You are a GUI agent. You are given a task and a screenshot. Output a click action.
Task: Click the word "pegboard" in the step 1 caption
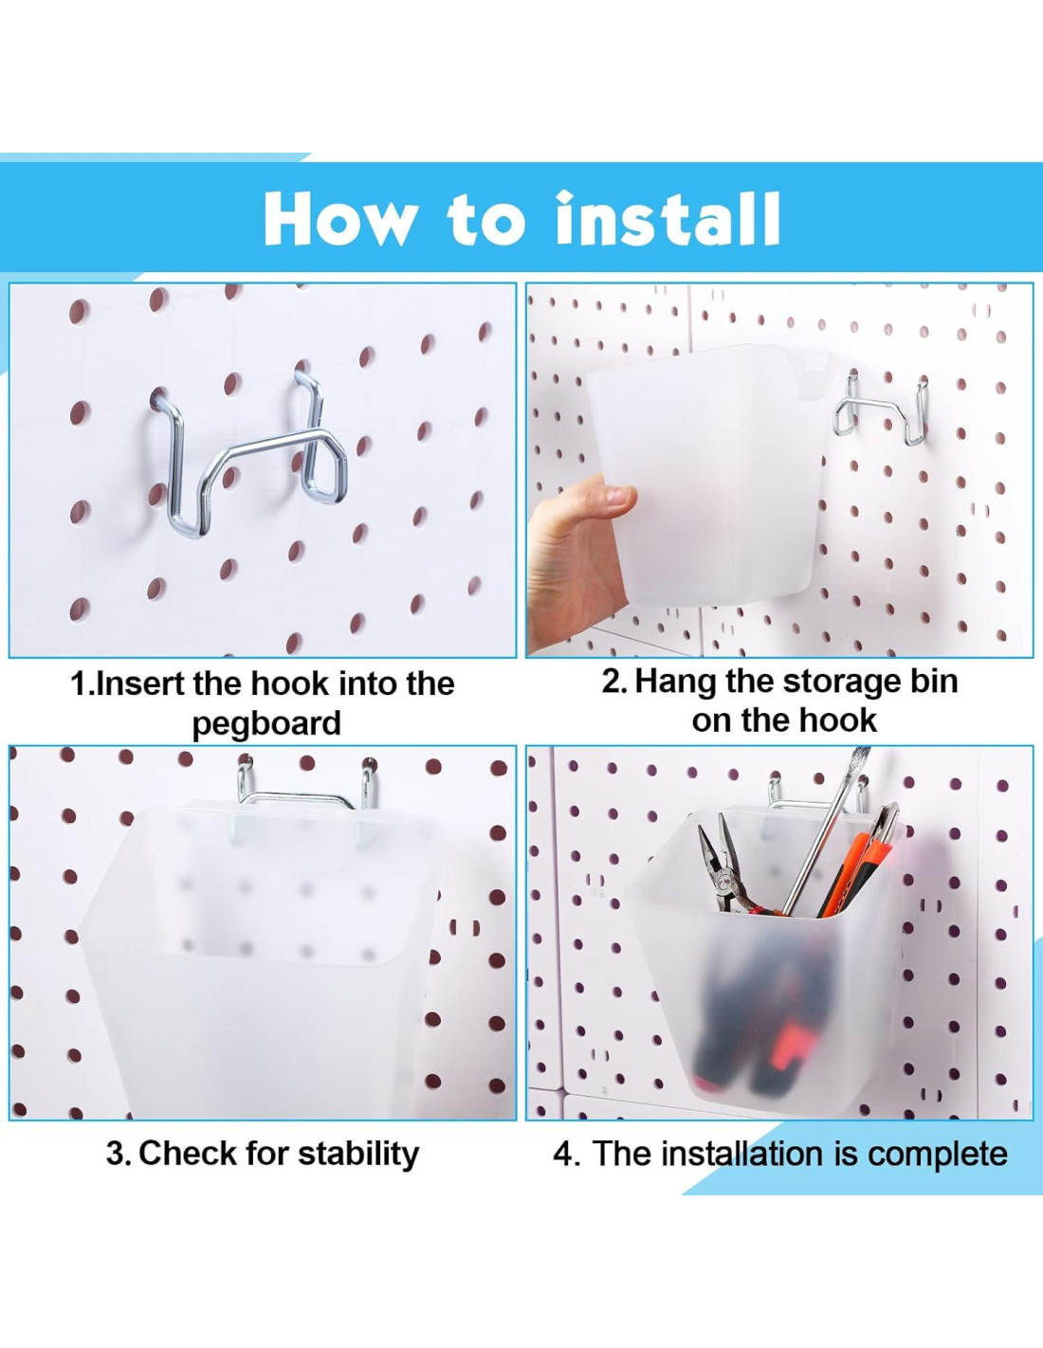pyautogui.click(x=266, y=723)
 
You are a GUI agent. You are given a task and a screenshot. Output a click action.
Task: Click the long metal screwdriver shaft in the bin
pyautogui.click(x=825, y=831)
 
